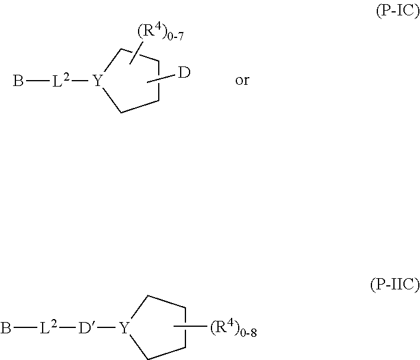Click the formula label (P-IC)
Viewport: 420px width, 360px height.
coord(398,11)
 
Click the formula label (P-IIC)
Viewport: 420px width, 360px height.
coord(395,284)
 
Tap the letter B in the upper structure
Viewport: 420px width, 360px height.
coord(18,81)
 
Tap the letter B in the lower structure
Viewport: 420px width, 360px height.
coord(5,327)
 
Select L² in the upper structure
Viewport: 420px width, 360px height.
coord(60,81)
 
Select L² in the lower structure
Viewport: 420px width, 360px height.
coord(49,327)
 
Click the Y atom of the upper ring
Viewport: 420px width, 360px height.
coord(98,81)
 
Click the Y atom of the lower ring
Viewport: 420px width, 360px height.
coord(124,327)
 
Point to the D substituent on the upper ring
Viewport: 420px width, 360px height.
coord(184,73)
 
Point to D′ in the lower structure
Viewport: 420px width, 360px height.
coord(85,327)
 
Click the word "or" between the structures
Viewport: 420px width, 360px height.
coord(242,80)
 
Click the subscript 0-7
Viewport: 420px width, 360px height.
coord(175,36)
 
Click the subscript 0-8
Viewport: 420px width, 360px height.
coord(249,333)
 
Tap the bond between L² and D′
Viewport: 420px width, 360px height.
coord(68,327)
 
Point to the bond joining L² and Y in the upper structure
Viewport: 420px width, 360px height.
coord(80,80)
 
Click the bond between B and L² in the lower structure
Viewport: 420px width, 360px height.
coord(25,327)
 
